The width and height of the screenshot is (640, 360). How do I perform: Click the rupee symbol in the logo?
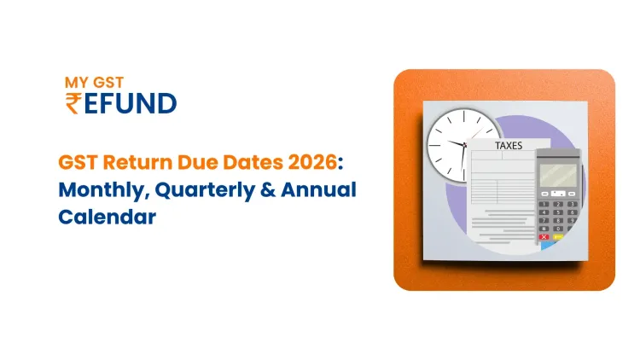coord(73,103)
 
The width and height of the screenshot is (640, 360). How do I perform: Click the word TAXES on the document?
coord(509,146)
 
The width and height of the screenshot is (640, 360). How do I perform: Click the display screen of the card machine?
coord(557,176)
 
